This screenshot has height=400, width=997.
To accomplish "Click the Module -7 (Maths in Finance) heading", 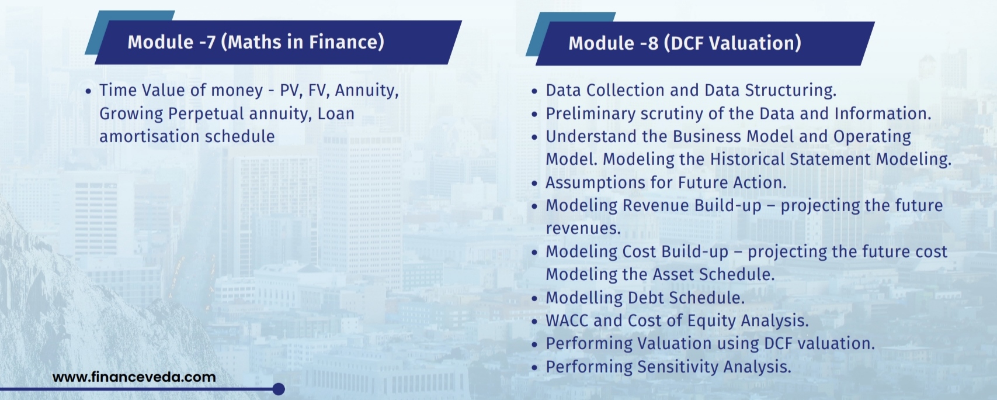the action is pos(256,42).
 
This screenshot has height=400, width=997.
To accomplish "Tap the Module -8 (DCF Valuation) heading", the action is pos(685,43).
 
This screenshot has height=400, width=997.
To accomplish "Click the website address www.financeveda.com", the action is pos(134,377).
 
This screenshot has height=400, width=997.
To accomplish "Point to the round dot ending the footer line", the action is pos(279,389).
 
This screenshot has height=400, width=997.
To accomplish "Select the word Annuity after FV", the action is pos(367,91).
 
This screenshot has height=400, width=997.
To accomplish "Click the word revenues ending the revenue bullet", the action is pos(583,229).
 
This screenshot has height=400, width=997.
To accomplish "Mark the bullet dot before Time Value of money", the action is pos(88,91).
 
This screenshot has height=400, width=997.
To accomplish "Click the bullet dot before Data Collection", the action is pos(534,91).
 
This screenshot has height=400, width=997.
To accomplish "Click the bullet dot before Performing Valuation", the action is pos(534,345).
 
